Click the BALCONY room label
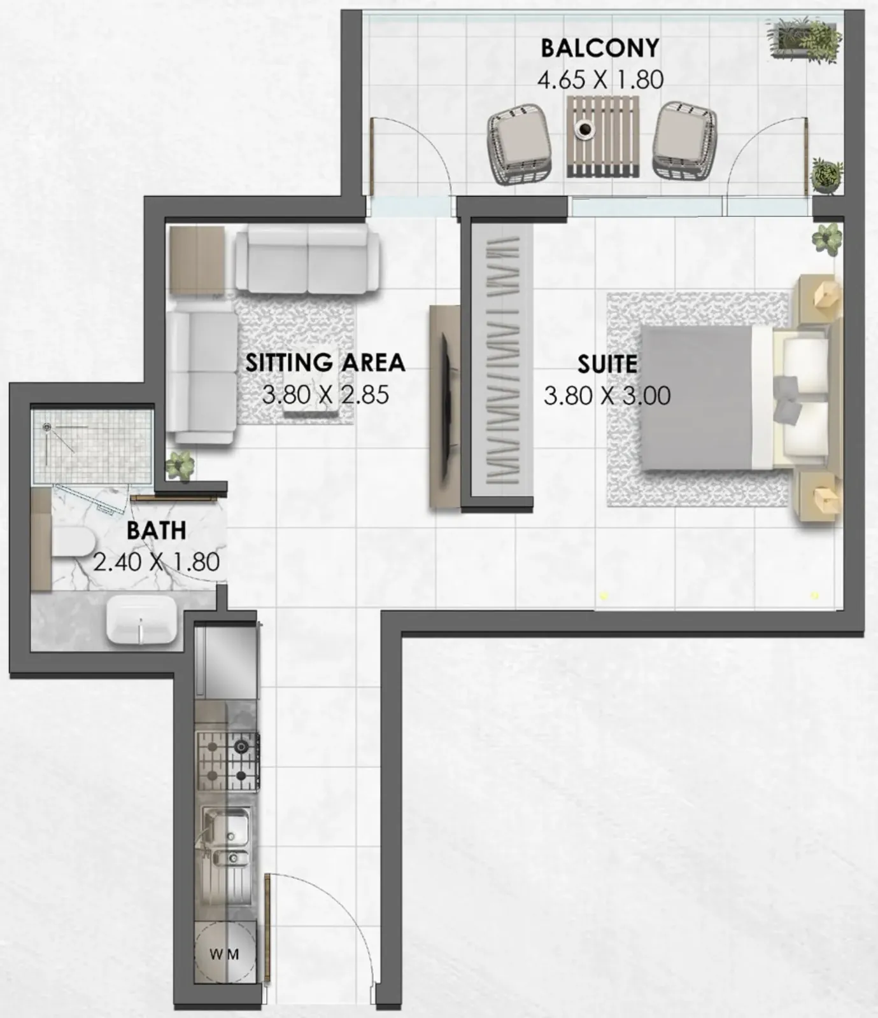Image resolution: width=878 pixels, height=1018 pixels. pos(600,48)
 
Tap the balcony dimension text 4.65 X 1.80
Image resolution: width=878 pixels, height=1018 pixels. pos(600,80)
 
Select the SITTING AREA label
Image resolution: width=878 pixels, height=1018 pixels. pos(325,362)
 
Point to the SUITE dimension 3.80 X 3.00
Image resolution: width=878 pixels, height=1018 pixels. pos(607,395)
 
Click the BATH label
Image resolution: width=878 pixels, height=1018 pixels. pos(157,530)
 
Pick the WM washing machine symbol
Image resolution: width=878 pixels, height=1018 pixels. pos(225,954)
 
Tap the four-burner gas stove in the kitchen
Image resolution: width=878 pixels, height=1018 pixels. pos(227,761)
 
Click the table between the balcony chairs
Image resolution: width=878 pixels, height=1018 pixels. pos(602,136)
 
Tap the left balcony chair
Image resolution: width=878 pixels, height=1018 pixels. pos(520,144)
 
